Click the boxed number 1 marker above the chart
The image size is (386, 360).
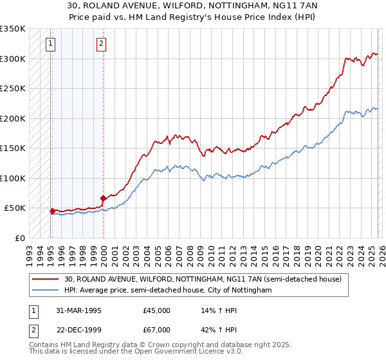coord(50,44)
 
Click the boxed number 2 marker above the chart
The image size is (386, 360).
coord(102,44)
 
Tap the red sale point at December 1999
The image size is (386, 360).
coord(103,198)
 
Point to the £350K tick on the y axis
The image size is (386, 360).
coord(12,29)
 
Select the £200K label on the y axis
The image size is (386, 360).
coord(12,118)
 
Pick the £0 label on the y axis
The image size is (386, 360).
coord(19,238)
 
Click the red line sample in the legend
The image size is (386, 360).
coord(46,280)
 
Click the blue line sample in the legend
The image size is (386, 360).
coord(46,291)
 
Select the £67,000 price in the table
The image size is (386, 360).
coord(157,330)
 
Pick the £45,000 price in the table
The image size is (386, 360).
coord(157,310)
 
